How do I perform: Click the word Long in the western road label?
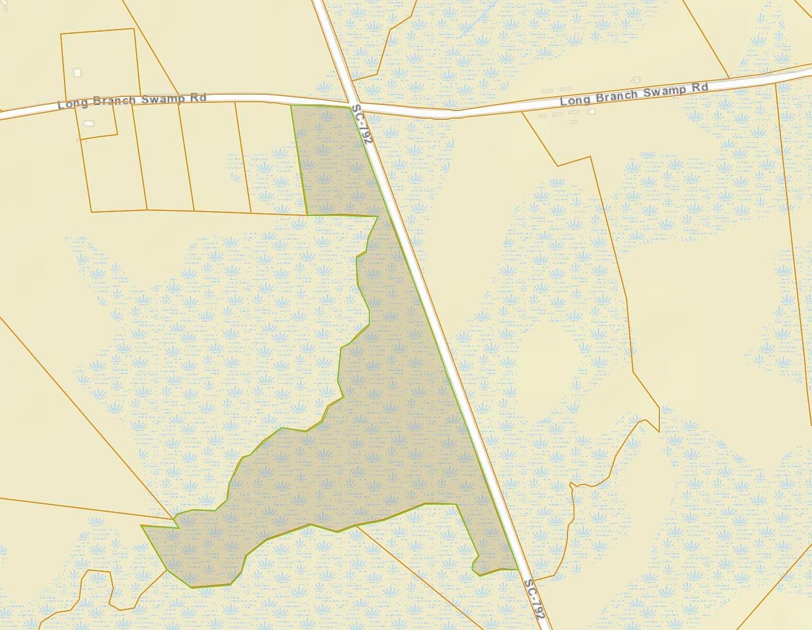tap(69, 103)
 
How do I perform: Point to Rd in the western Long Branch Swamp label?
tap(200, 98)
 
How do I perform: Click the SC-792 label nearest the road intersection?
tap(363, 124)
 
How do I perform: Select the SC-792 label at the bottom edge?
tap(535, 599)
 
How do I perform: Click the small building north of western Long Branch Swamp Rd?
tap(77, 72)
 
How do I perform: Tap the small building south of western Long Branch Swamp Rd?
tap(88, 124)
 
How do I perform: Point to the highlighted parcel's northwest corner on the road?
tap(292, 106)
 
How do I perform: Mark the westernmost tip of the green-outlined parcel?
tap(142, 526)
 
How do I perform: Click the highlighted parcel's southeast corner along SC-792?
tap(518, 569)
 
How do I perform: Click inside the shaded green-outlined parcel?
tap(383, 437)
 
